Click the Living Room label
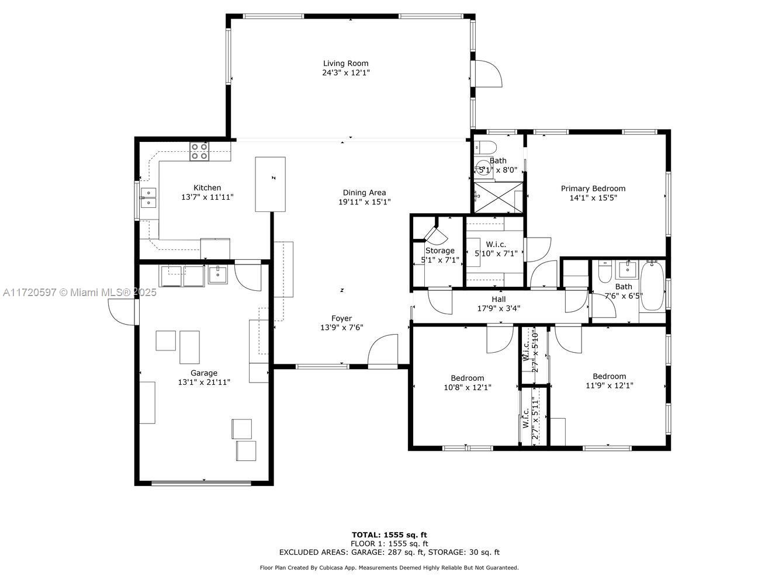click(345, 64)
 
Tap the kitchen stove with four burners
click(199, 151)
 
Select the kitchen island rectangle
click(270, 185)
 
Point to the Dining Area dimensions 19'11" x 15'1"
click(364, 201)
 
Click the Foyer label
click(341, 318)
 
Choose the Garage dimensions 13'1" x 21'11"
click(204, 382)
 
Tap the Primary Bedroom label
click(593, 189)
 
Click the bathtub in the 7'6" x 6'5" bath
click(652, 286)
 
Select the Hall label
click(498, 299)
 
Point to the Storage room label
click(439, 251)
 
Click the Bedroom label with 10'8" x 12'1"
click(467, 378)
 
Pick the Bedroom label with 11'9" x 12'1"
click(609, 376)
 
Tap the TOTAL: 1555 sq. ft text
click(389, 535)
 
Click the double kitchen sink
click(148, 197)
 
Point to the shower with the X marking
click(498, 198)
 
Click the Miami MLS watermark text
click(79, 293)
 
